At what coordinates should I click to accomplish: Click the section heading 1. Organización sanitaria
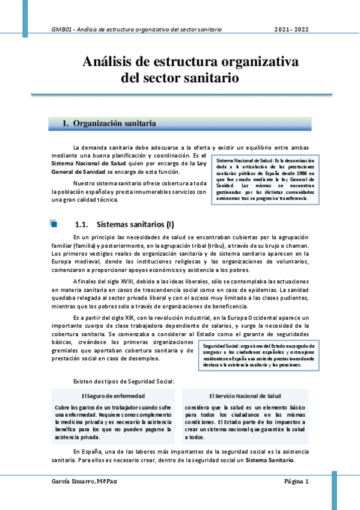(x=109, y=123)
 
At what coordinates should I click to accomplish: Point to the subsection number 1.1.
(x=80, y=225)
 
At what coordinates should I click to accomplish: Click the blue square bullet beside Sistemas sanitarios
(x=53, y=225)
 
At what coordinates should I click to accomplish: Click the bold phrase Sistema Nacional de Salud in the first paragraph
(x=79, y=163)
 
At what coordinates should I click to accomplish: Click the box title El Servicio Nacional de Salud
(x=245, y=396)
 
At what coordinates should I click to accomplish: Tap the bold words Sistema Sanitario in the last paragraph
(x=270, y=459)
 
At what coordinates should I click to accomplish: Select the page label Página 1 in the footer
(x=296, y=482)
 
